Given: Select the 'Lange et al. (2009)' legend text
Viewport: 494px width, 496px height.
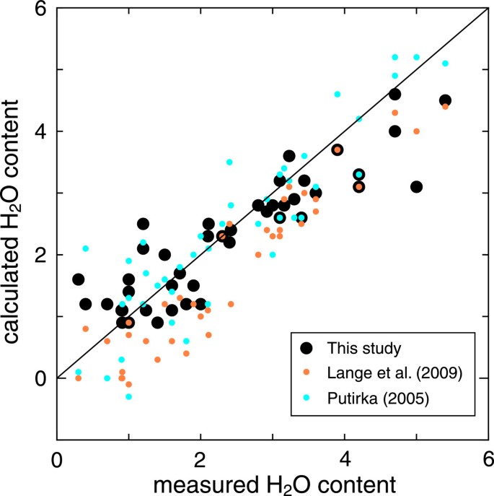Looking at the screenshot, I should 393,373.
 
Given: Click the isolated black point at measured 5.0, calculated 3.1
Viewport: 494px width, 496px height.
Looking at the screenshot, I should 416,187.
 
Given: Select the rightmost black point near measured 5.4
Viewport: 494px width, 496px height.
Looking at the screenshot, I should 445,100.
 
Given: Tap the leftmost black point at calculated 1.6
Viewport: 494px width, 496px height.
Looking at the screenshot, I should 78,279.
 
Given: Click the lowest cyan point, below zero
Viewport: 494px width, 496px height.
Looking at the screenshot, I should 128,396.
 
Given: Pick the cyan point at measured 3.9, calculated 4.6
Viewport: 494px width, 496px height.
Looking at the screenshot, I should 338,94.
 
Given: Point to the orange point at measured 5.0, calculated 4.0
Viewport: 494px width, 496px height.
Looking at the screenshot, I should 416,131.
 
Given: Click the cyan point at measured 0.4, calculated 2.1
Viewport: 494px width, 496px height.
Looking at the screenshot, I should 85,248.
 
